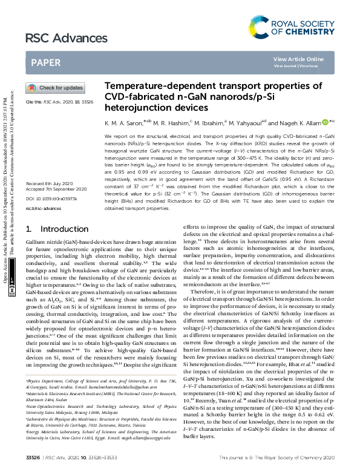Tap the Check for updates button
tap(54, 88)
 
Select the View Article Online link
tap(298, 59)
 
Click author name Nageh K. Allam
tap(303, 122)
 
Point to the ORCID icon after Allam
tap(326, 122)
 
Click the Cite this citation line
tap(58, 103)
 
